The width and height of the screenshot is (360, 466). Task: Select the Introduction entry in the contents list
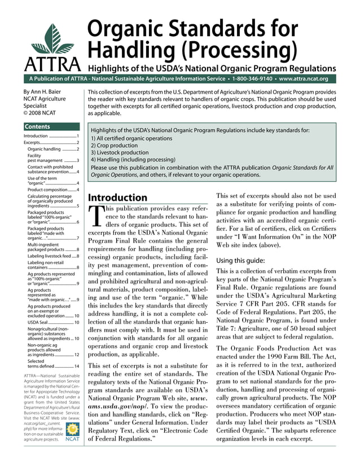pos(36,137)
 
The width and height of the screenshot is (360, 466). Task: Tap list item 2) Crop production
pos(116,145)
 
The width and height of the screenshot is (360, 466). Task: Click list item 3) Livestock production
pos(120,152)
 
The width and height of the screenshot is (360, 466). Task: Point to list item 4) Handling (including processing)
pos(133,160)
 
